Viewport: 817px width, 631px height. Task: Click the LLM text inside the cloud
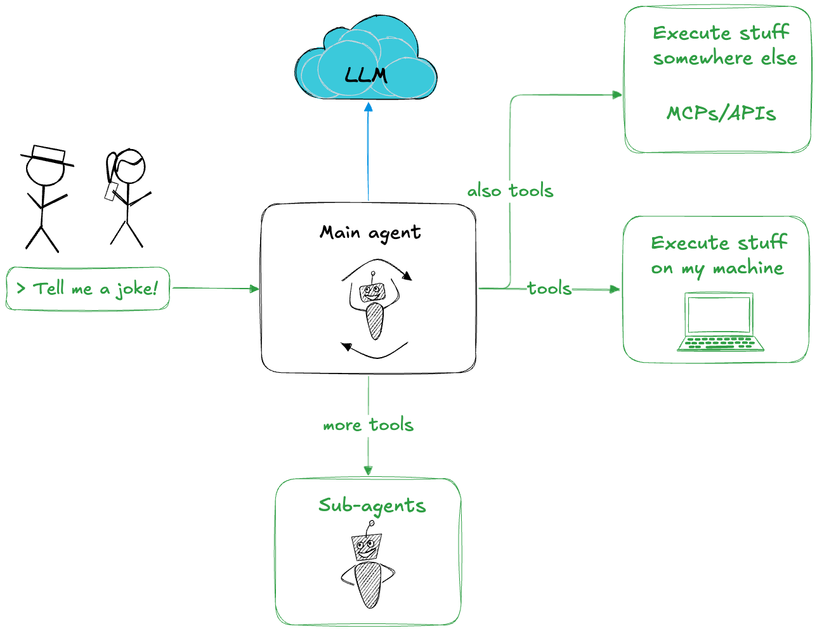point(366,75)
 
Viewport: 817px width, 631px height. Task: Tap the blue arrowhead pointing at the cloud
point(369,108)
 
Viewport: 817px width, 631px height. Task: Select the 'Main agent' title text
point(370,233)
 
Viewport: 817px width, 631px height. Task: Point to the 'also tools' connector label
point(510,191)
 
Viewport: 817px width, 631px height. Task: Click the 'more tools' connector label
point(368,425)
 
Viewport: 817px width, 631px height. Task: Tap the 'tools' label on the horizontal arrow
point(549,289)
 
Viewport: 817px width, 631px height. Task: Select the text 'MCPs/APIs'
point(721,114)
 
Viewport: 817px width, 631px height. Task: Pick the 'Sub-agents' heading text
point(372,505)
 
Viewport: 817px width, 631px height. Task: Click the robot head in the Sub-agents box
point(367,547)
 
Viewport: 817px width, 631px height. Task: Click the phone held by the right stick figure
point(112,192)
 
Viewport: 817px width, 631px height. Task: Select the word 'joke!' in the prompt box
point(136,289)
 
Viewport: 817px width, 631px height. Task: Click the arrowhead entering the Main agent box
point(255,289)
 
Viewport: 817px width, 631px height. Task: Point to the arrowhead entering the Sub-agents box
point(368,470)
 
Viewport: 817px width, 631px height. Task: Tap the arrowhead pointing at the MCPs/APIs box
point(617,95)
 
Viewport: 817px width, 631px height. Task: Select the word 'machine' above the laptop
point(748,268)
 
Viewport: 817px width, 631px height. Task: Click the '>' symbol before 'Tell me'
point(22,289)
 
